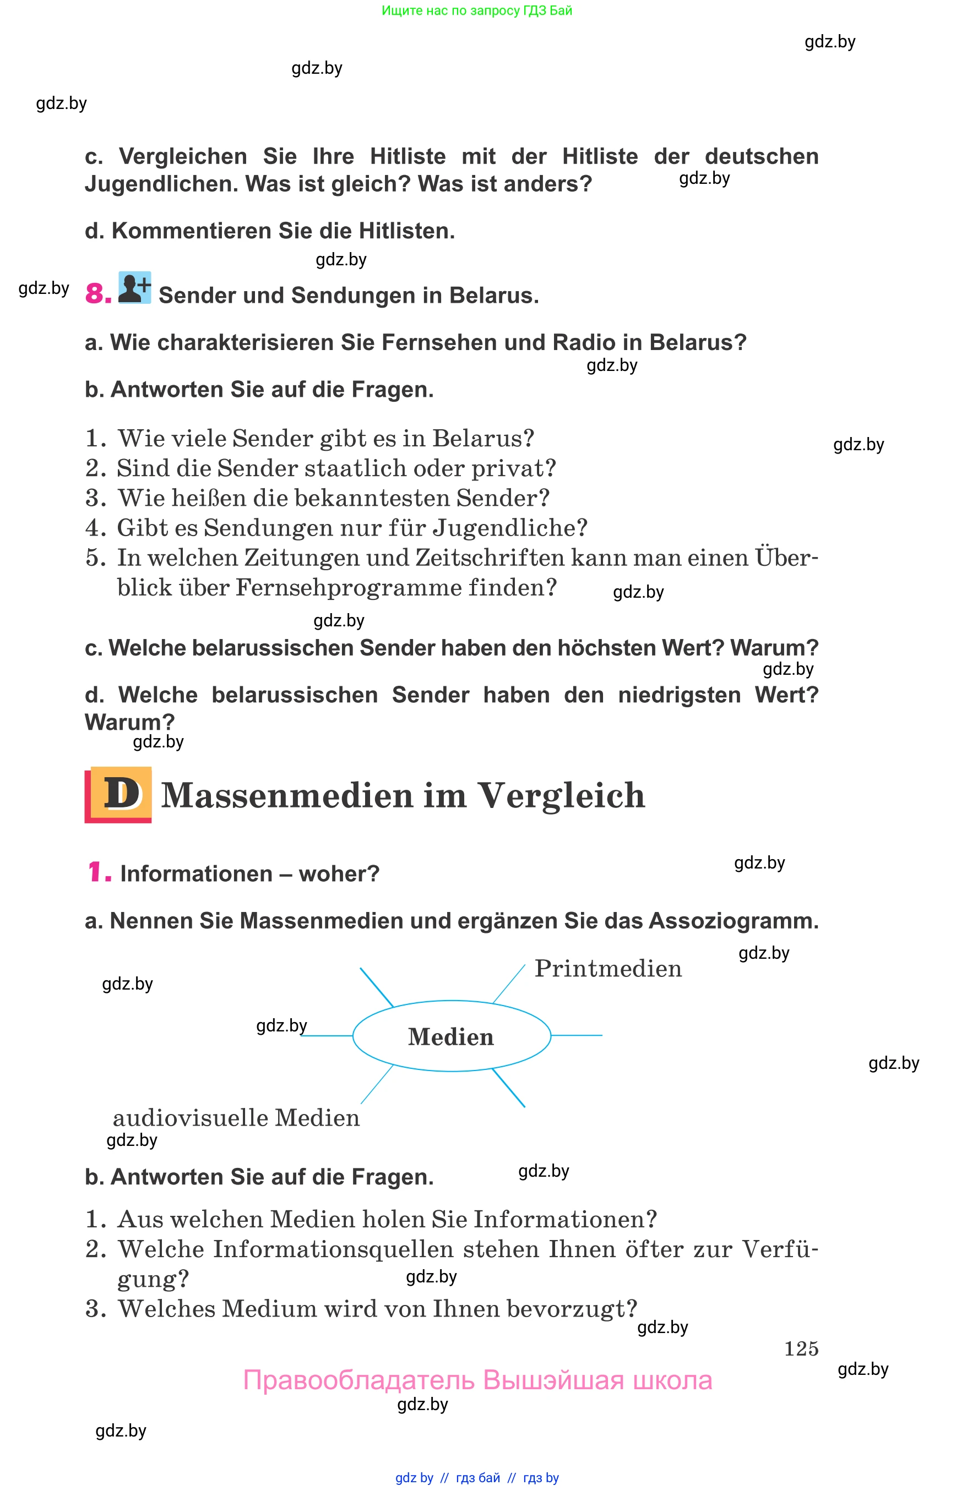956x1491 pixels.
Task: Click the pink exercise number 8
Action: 98,294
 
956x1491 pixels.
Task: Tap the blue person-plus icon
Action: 135,288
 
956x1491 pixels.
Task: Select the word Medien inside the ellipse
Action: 450,1037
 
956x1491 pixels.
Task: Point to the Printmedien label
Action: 608,969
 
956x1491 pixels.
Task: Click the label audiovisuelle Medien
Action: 236,1117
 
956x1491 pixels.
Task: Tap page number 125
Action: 801,1348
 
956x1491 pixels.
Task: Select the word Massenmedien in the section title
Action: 287,795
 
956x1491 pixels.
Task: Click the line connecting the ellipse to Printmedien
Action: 509,984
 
